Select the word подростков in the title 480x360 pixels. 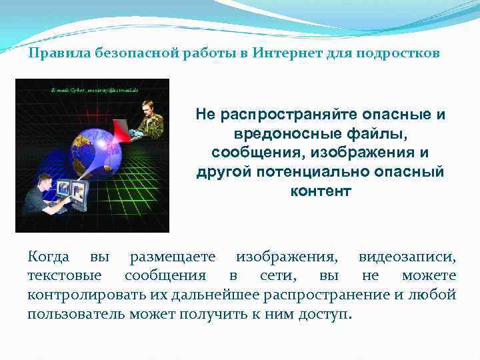pos(402,53)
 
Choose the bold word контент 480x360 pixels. pos(320,191)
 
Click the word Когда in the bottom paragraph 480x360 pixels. pos(47,257)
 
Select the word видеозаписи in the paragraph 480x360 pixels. pos(407,257)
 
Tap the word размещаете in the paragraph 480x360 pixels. pos(172,257)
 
